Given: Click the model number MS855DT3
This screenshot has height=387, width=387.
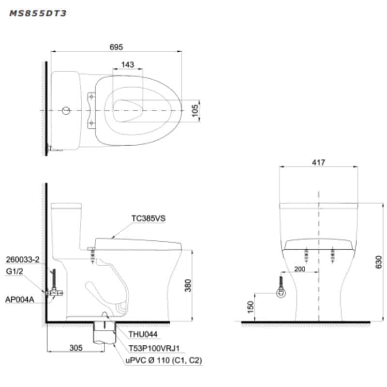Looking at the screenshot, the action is tap(38, 14).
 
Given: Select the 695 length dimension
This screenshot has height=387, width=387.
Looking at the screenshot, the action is tap(116, 47).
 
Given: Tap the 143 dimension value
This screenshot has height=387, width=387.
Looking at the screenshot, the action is tap(128, 65).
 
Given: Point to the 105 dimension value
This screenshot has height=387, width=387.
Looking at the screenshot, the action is tap(195, 110).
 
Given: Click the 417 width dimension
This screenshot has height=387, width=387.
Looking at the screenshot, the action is tap(318, 163).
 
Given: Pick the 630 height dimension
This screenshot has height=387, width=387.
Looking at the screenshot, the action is tap(378, 262).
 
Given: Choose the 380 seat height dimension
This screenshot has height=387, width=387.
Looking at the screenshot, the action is tap(188, 285).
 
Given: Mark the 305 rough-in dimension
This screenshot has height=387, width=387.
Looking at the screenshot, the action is tap(76, 348).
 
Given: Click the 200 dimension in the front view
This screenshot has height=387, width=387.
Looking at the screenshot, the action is tap(299, 269).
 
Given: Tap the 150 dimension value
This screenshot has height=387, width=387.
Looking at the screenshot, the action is tap(250, 307).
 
